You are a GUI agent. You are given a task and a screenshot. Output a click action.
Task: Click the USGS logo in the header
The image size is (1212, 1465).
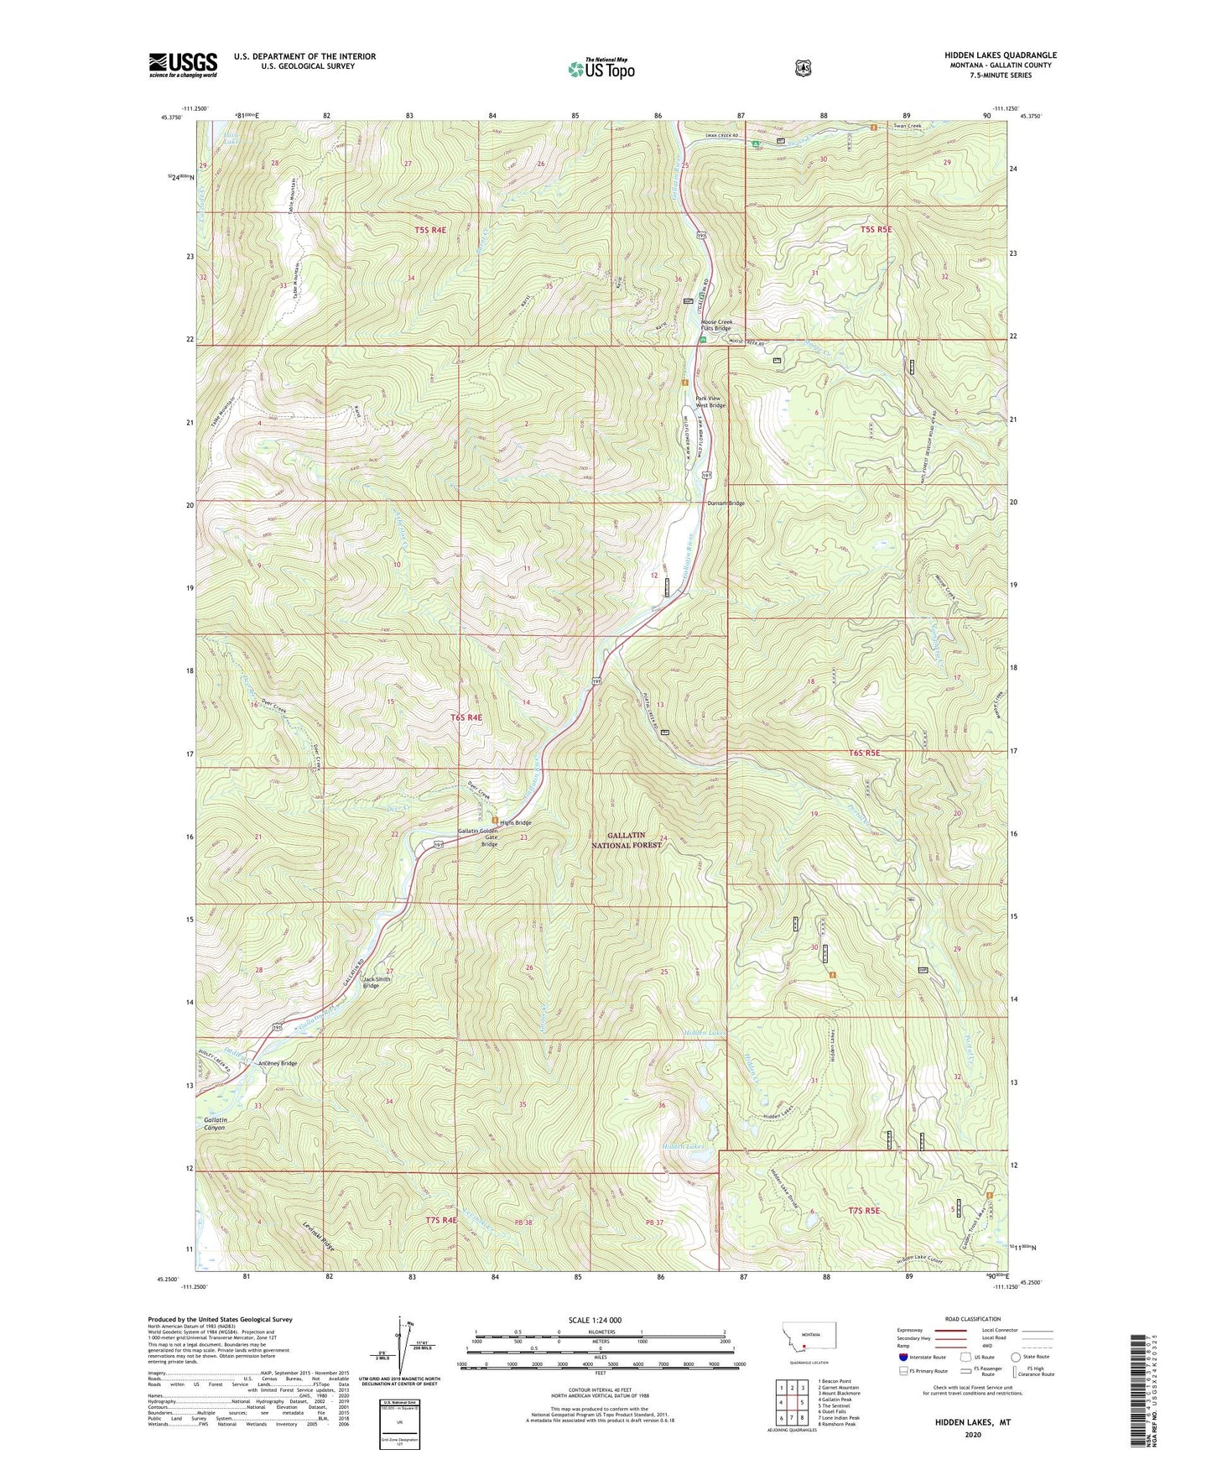[x=183, y=65]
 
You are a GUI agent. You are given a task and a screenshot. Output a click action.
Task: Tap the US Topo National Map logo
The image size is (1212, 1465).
[x=600, y=68]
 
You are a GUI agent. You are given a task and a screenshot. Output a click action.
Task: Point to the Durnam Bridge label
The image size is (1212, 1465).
[x=726, y=503]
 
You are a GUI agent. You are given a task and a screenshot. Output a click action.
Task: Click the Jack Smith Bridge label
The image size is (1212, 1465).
[x=377, y=983]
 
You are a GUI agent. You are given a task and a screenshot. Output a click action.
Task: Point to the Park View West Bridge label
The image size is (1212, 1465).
[x=710, y=402]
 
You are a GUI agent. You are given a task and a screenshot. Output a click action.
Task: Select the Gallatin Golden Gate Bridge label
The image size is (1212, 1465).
[x=477, y=837]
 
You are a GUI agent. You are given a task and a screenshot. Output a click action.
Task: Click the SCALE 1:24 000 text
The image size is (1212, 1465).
[x=595, y=1321]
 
